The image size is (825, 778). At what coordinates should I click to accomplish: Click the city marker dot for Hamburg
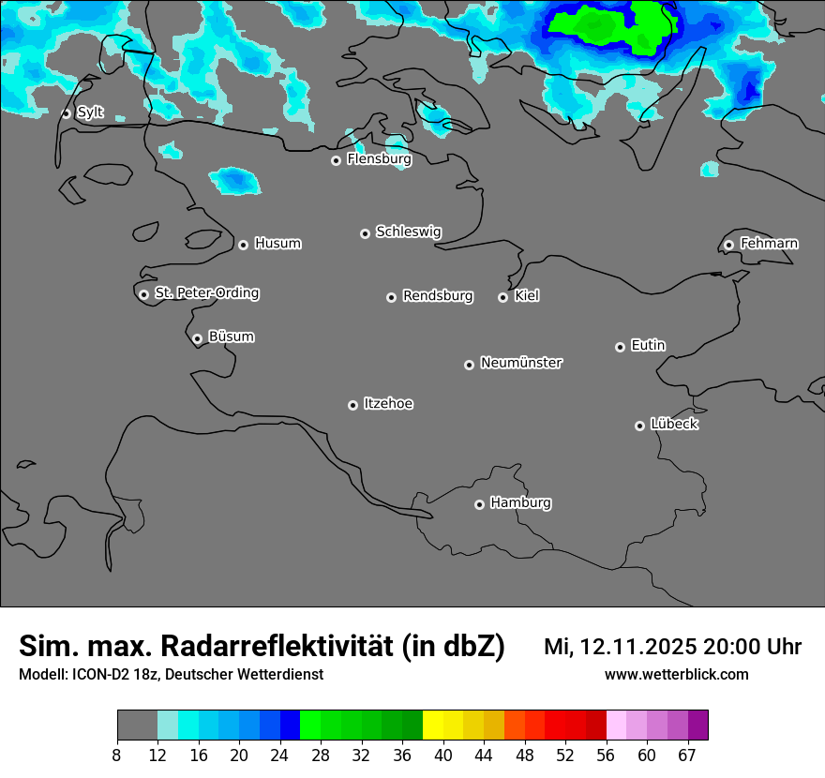click(x=479, y=504)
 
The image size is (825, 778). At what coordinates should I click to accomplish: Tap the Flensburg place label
click(x=379, y=159)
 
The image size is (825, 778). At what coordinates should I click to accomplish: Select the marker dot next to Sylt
click(x=67, y=113)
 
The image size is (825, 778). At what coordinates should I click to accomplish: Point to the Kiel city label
click(x=527, y=296)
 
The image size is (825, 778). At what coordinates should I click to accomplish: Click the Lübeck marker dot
click(x=639, y=426)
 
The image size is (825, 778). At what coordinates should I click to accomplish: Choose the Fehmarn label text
click(x=769, y=244)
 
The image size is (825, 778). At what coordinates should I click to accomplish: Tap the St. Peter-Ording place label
click(x=206, y=293)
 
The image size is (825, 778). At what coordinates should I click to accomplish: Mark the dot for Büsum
click(x=197, y=338)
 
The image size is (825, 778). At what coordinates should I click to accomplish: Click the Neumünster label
click(x=521, y=363)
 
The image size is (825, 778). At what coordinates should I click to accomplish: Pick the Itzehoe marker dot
click(x=352, y=405)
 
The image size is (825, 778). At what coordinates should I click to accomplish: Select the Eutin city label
click(x=648, y=345)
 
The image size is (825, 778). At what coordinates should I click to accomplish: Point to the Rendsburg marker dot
click(x=391, y=297)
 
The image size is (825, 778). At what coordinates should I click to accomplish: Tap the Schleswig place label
click(x=408, y=232)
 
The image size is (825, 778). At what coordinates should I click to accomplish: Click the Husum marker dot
click(x=243, y=245)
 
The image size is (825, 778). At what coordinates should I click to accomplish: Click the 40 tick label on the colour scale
click(x=443, y=756)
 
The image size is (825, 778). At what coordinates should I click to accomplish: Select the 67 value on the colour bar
click(x=687, y=756)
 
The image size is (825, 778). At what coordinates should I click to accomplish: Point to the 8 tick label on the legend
click(x=117, y=756)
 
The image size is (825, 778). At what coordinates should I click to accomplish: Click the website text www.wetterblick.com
click(x=676, y=674)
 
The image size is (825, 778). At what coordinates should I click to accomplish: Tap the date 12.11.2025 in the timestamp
click(x=638, y=647)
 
